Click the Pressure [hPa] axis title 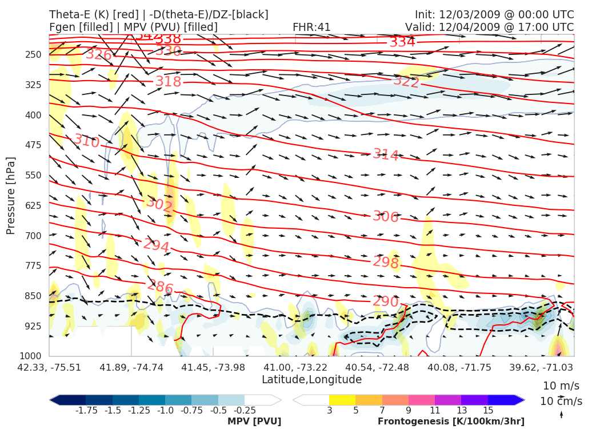10,196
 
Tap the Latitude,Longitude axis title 311,380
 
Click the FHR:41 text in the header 311,27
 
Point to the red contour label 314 386,154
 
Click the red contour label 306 385,217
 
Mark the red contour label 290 385,301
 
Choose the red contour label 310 86,141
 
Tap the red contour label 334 402,42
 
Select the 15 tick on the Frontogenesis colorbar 487,410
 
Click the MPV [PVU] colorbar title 254,422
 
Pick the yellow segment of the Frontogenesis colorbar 342,400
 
